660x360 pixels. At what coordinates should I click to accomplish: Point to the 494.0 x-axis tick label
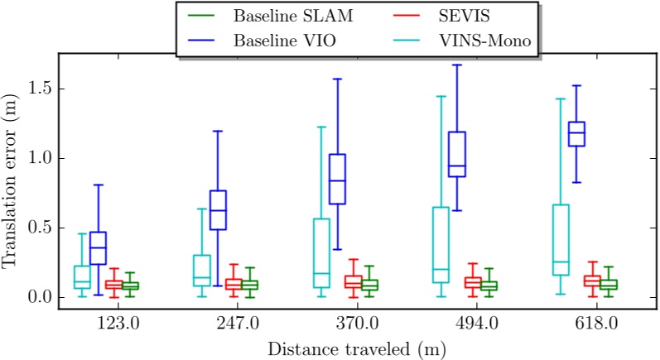(x=475, y=321)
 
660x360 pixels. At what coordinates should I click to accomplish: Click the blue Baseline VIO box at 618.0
(x=576, y=134)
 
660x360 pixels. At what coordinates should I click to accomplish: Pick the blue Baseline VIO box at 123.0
(x=98, y=248)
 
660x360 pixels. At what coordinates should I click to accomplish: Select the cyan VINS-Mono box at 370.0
(x=320, y=253)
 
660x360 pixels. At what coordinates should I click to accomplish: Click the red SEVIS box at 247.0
(x=234, y=284)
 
